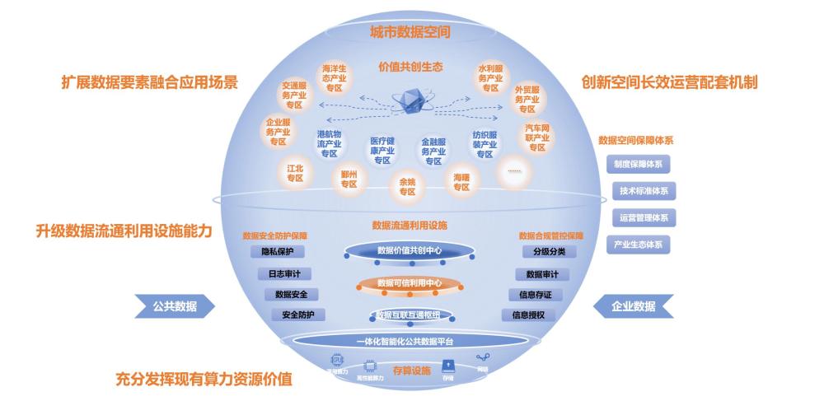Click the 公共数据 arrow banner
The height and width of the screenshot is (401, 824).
pos(174,306)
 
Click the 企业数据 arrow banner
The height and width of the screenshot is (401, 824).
pos(633,306)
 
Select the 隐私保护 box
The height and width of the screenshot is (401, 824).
pos(278,252)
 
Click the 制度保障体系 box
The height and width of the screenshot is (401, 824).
pos(637,164)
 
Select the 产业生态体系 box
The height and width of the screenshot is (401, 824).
pos(637,245)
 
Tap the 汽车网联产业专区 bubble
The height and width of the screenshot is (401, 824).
pos(537,138)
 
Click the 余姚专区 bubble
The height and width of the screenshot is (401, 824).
pos(407,186)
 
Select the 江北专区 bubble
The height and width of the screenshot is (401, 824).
pos(295,174)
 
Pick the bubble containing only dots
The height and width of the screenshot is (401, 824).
pos(515,170)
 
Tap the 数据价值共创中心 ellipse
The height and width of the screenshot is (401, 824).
pos(409,250)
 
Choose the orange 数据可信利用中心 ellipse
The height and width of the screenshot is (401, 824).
pos(409,283)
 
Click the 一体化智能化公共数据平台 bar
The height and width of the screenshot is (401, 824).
pos(405,341)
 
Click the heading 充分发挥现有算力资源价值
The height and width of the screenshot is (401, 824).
pos(204,380)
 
